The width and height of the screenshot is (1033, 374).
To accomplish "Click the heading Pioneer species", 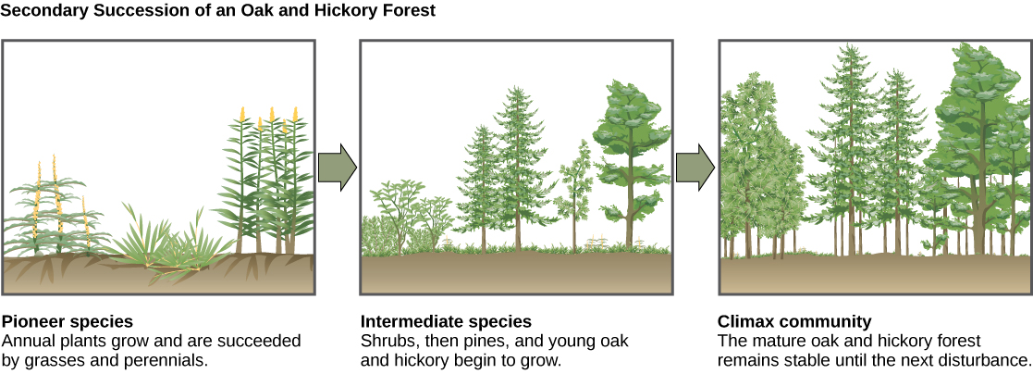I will point(68,322).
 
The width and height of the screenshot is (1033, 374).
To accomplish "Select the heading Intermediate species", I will point(446,322).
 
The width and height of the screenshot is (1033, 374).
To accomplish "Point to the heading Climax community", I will point(794,322).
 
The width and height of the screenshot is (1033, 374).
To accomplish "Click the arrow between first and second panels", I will point(337,167).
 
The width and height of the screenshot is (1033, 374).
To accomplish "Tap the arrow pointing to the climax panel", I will point(695,167).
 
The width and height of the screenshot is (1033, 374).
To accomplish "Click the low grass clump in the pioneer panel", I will point(166,245).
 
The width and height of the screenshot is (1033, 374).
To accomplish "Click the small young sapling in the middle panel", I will point(581,185).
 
